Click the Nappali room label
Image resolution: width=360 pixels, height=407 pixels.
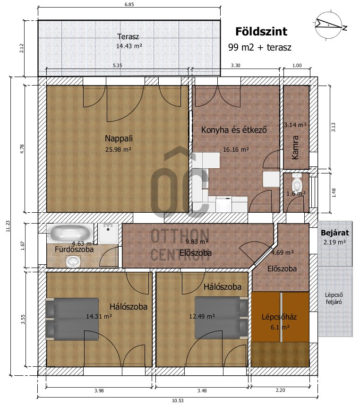pyautogui.click(x=119, y=139)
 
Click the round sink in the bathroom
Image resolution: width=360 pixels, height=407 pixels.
pyautogui.click(x=73, y=261)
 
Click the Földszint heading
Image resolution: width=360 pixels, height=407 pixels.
pyautogui.click(x=261, y=31)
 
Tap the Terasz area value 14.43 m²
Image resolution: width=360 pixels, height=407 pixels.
pyautogui.click(x=129, y=46)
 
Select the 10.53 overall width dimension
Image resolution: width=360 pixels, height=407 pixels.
pyautogui.click(x=178, y=400)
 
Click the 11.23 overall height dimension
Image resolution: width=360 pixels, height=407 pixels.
pyautogui.click(x=7, y=226)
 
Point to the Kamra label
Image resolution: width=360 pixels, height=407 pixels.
pyautogui.click(x=295, y=147)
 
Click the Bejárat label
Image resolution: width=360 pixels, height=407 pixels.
pyautogui.click(x=335, y=233)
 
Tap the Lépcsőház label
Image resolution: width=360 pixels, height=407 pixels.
pyautogui.click(x=279, y=317)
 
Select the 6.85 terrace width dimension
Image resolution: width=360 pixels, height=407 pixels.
pyautogui.click(x=129, y=4)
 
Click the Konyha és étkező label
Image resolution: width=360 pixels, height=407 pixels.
pyautogui.click(x=234, y=130)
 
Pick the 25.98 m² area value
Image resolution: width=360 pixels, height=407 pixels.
pyautogui.click(x=118, y=149)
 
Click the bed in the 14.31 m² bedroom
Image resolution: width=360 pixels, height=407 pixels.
pyautogui.click(x=72, y=319)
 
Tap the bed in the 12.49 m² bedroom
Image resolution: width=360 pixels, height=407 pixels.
pyautogui.click(x=221, y=318)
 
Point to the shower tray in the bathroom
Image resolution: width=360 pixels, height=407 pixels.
pyautogui.click(x=108, y=234)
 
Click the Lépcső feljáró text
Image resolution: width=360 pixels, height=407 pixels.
pyautogui.click(x=334, y=298)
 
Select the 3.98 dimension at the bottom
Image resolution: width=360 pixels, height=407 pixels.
pyautogui.click(x=99, y=390)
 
